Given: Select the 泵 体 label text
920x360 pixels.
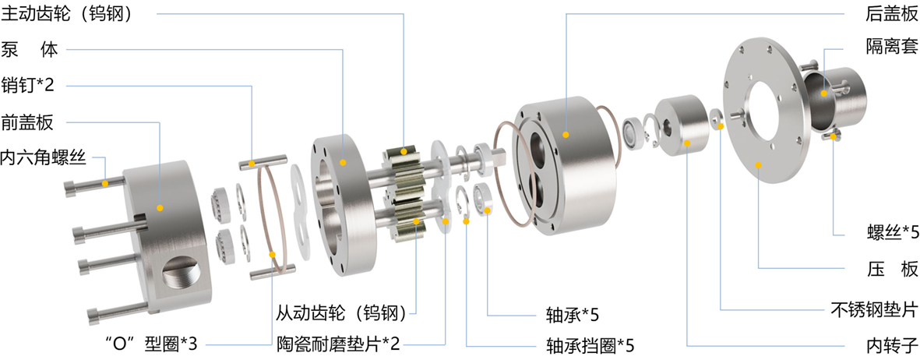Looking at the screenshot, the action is pyautogui.click(x=30, y=49).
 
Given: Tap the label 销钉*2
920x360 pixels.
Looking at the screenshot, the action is pyautogui.click(x=27, y=86).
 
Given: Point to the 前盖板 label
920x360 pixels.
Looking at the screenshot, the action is pyautogui.click(x=27, y=122).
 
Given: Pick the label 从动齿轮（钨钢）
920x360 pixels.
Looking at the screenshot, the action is pyautogui.click(x=341, y=313).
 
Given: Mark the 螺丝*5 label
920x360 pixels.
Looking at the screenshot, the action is pyautogui.click(x=891, y=234).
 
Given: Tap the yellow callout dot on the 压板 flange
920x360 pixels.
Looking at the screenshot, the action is pyautogui.click(x=759, y=164).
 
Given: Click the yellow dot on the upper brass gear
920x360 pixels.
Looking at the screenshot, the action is pyautogui.click(x=404, y=151).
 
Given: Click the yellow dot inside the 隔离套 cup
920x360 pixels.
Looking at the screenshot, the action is pyautogui.click(x=824, y=92).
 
